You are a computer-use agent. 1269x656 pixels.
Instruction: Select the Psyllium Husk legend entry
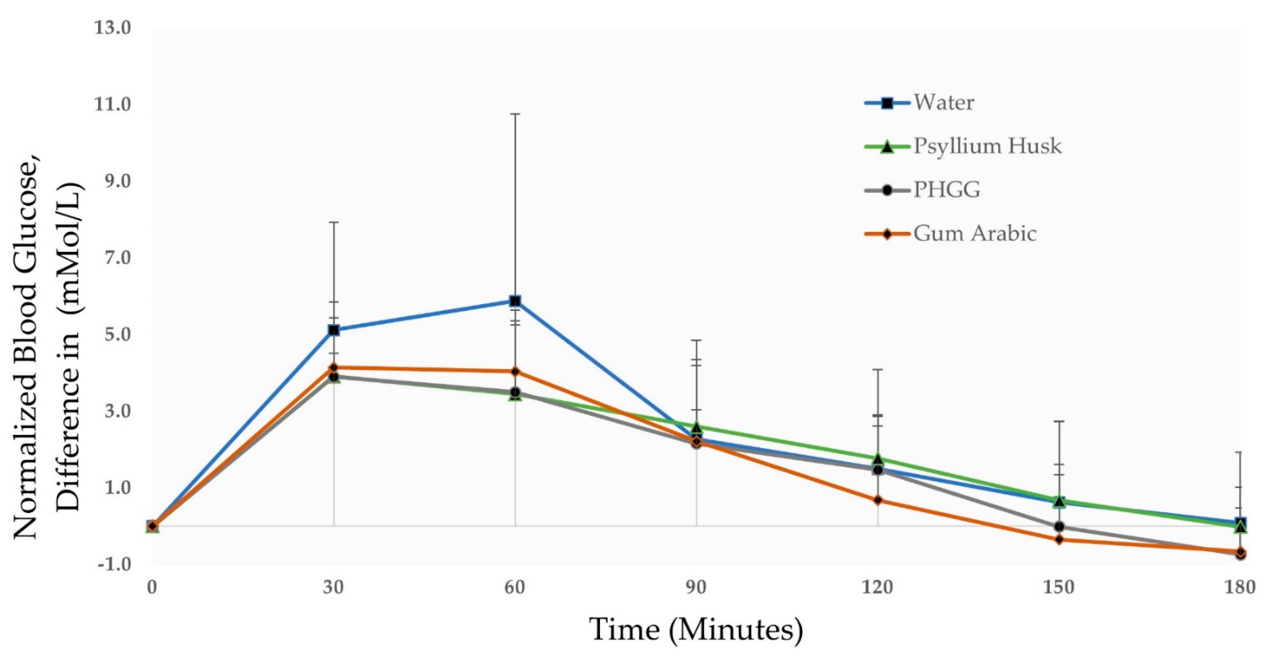[x=987, y=146]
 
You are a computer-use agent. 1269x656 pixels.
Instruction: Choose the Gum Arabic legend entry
[x=975, y=233]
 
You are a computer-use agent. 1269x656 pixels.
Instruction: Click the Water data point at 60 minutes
[x=515, y=301]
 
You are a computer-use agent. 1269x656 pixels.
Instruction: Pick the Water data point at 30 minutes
[x=334, y=330]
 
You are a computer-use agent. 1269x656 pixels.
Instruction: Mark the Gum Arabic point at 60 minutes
[x=515, y=372]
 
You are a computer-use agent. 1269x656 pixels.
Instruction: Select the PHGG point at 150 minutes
[x=1059, y=526]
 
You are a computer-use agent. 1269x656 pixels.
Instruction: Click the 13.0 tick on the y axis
[x=113, y=28]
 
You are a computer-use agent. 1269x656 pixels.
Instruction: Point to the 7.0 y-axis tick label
[x=113, y=258]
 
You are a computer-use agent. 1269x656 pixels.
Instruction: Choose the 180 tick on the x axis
[x=1240, y=588]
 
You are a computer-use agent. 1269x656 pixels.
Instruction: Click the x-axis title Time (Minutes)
[x=696, y=630]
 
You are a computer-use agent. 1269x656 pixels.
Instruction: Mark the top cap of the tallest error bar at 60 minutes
[x=515, y=114]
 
